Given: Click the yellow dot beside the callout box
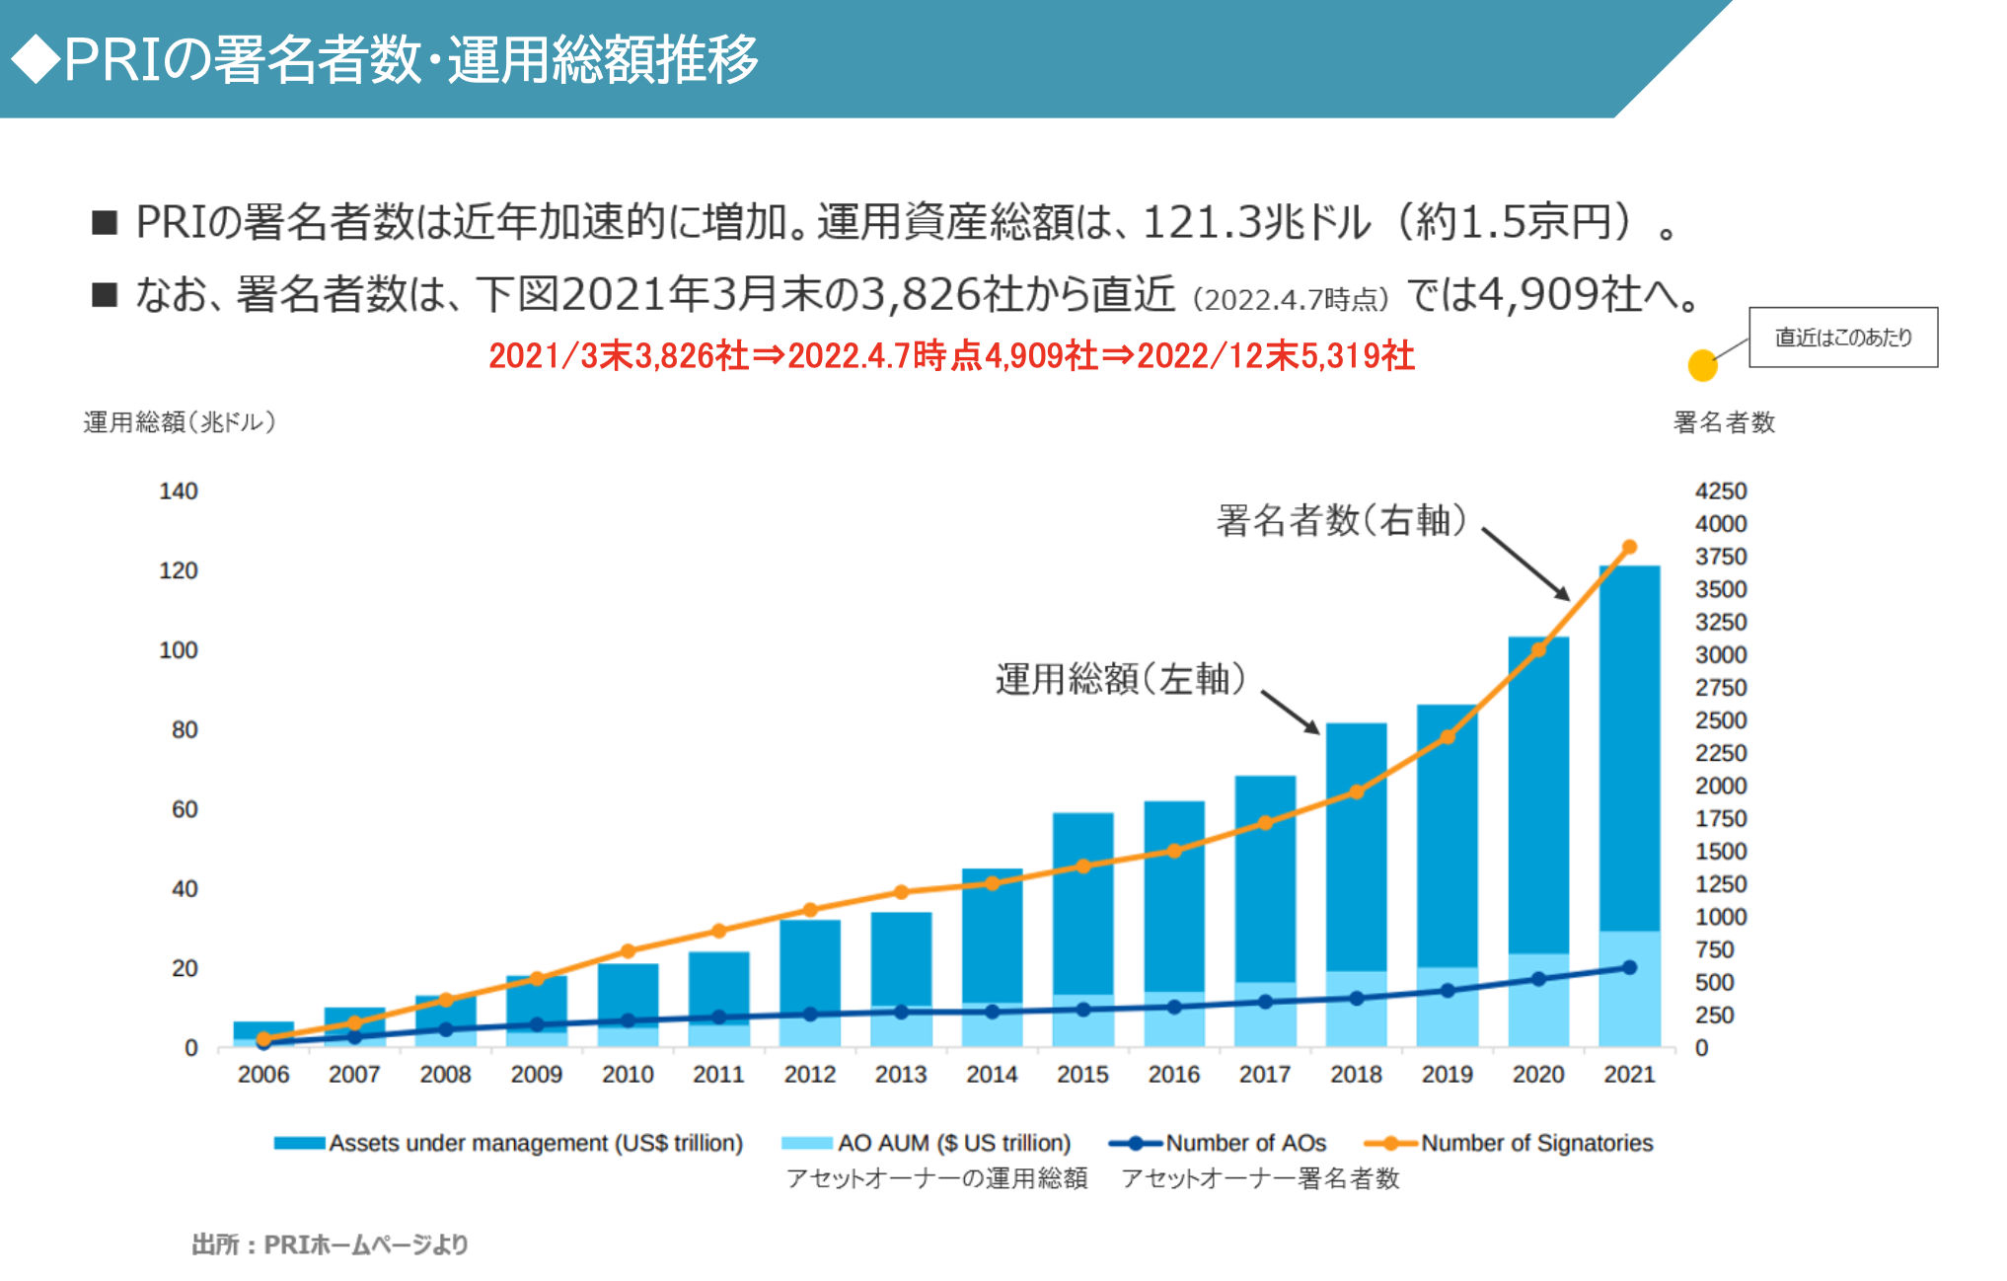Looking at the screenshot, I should click(x=1702, y=365).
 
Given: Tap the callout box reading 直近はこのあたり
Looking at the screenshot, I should click(x=1843, y=338).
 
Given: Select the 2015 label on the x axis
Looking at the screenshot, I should click(x=1082, y=1074).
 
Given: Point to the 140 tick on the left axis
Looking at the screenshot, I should click(x=179, y=491).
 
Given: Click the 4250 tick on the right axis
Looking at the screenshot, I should click(x=1721, y=491).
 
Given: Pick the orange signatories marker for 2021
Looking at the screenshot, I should click(x=1629, y=547).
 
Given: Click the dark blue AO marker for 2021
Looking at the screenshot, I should click(x=1629, y=968).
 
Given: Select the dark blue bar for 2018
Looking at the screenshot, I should click(x=1356, y=849).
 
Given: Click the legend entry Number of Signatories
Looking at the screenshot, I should click(x=1535, y=1143).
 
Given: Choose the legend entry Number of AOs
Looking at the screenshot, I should click(x=1245, y=1143).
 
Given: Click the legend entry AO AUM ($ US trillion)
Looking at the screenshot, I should click(x=953, y=1143).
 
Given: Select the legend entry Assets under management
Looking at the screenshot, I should click(x=535, y=1143).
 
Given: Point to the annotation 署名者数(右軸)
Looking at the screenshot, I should click(x=1342, y=520).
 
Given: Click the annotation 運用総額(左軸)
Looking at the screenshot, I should click(x=1121, y=679).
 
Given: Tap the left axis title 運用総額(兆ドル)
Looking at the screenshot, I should click(x=180, y=422).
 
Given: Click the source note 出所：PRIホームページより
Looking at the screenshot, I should click(x=330, y=1244).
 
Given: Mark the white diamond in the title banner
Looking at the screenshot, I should click(x=36, y=59).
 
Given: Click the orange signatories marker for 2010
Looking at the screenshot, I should click(x=628, y=951).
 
